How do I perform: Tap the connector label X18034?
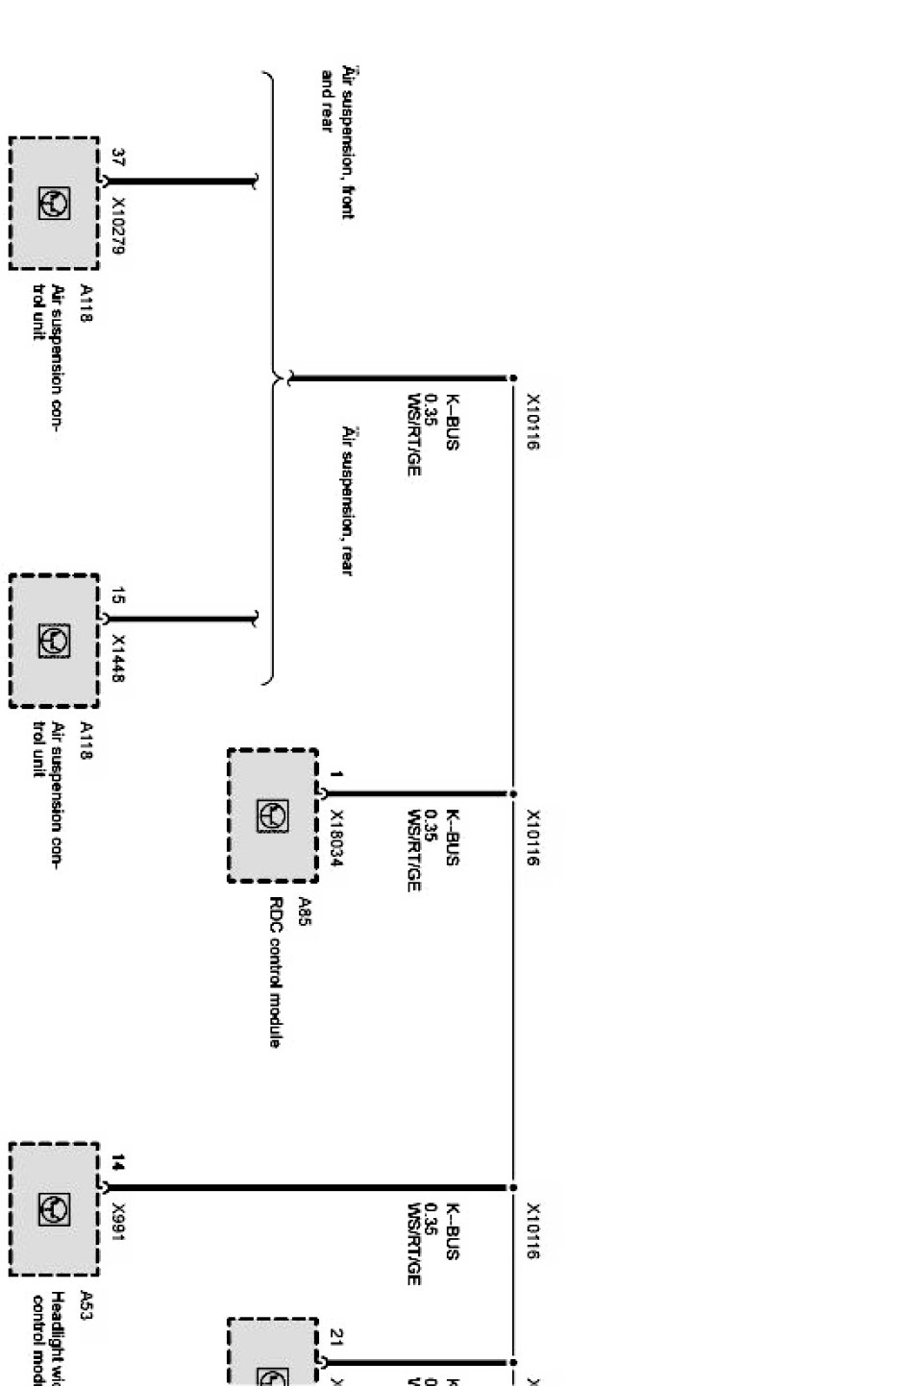pyautogui.click(x=336, y=838)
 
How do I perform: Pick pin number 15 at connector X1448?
pyautogui.click(x=118, y=596)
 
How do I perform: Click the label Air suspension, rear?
pyautogui.click(x=348, y=500)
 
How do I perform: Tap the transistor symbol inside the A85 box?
pyautogui.click(x=272, y=815)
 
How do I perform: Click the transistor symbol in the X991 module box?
pyautogui.click(x=54, y=1209)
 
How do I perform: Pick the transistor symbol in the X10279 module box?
pyautogui.click(x=54, y=204)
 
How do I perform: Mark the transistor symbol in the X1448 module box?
pyautogui.click(x=54, y=640)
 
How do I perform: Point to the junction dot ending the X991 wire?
pyautogui.click(x=512, y=1187)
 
